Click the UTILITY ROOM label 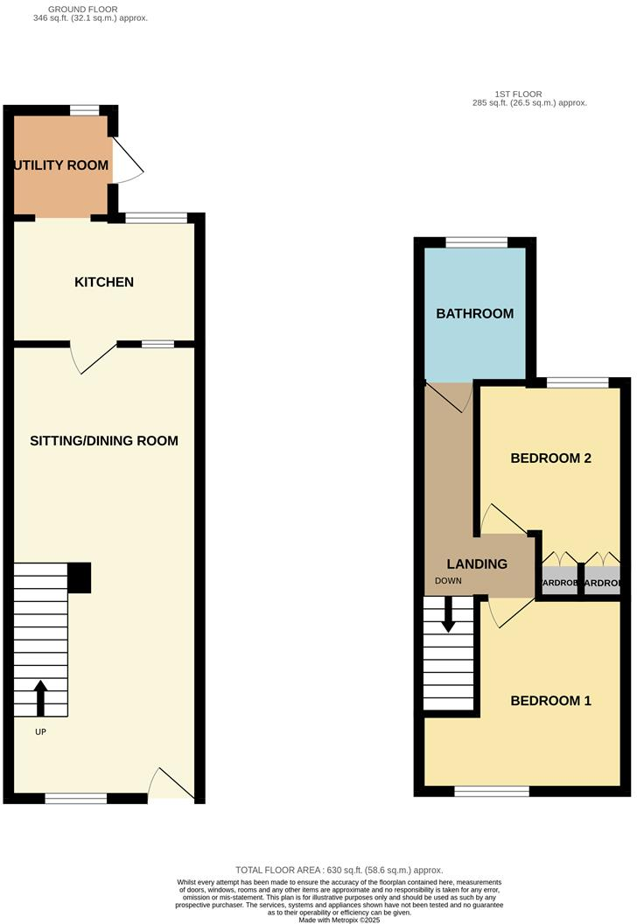click(x=60, y=165)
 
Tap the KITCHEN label click(x=104, y=282)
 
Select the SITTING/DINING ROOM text click(x=104, y=441)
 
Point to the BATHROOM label click(x=475, y=313)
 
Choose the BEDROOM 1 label click(x=551, y=700)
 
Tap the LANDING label click(x=477, y=564)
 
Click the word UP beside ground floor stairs click(x=40, y=731)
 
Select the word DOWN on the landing click(x=451, y=581)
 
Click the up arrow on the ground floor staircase click(x=40, y=697)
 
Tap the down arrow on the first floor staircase click(x=449, y=614)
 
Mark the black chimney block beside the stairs click(x=79, y=578)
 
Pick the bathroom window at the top click(x=475, y=242)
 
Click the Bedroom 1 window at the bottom click(x=492, y=791)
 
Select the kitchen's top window click(x=156, y=217)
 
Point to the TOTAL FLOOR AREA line click(x=339, y=870)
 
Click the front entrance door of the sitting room click(x=171, y=785)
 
